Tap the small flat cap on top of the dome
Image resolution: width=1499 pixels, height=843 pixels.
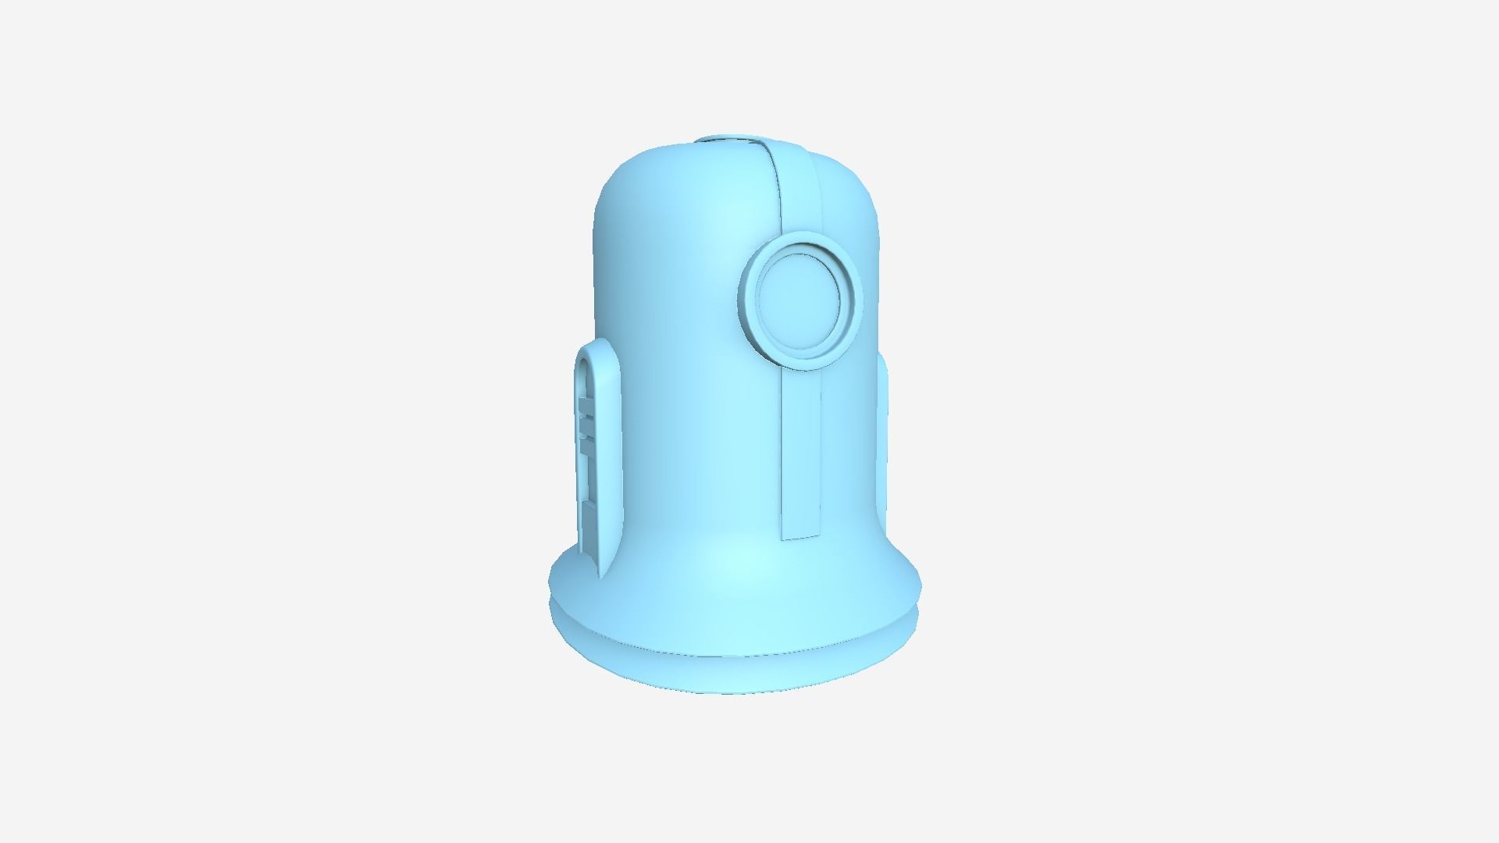click(730, 140)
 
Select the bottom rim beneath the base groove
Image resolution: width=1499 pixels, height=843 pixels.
click(734, 679)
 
